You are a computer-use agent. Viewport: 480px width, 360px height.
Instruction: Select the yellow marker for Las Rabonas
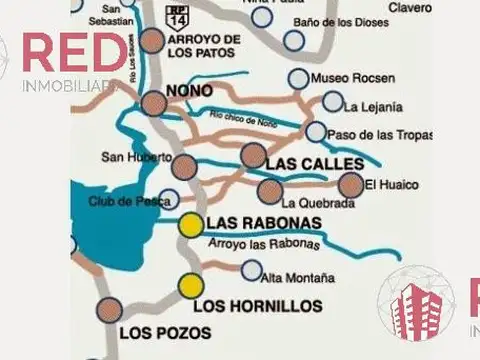[x=190, y=224]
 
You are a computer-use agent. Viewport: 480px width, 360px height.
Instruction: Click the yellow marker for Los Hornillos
[x=190, y=287]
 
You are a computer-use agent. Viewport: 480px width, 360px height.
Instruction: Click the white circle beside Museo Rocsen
[x=298, y=78]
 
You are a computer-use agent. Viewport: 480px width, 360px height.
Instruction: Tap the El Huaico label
[x=390, y=184]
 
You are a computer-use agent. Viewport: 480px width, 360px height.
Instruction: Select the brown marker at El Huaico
[x=350, y=184]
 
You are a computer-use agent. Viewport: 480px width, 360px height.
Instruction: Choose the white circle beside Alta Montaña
[x=251, y=270]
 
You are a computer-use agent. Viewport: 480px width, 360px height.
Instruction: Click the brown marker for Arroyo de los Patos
[x=152, y=41]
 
